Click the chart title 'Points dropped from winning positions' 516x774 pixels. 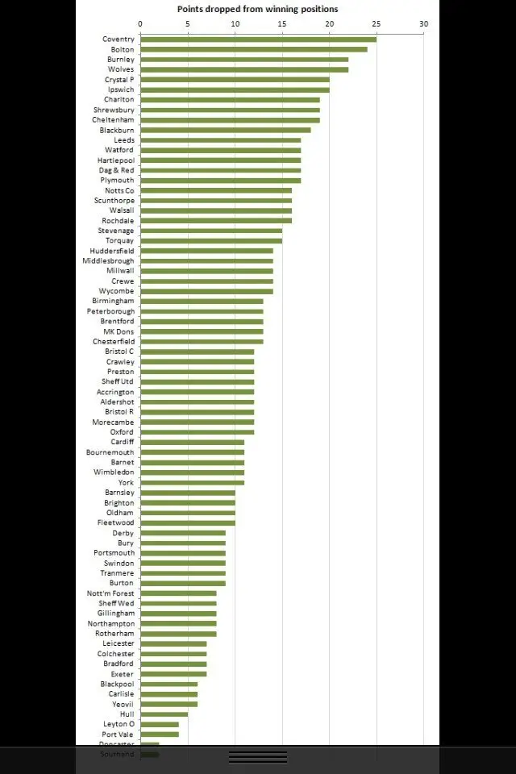coord(258,9)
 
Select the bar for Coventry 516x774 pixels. coord(258,40)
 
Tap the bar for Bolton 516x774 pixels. coord(253,49)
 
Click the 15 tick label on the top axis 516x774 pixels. coord(282,23)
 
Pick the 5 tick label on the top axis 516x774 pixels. coord(188,23)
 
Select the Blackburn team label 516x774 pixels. coord(117,130)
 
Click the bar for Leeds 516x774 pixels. coord(220,140)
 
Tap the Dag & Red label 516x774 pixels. coord(115,170)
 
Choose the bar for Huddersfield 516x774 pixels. coord(206,251)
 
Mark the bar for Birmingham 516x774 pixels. coord(202,301)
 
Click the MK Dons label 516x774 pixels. coord(119,331)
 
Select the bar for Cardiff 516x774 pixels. coord(192,442)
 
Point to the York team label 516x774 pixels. coord(126,482)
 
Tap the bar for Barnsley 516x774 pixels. coord(187,493)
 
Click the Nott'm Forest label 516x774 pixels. coord(110,593)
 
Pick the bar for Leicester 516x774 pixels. coord(173,643)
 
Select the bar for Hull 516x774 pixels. coord(164,714)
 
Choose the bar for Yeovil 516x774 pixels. coord(169,704)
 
